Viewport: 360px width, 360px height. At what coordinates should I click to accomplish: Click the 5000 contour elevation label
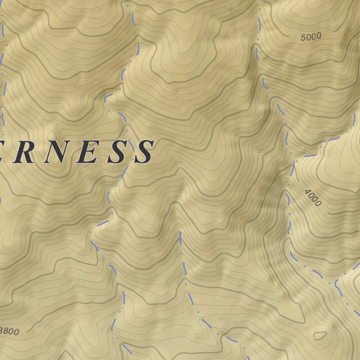tap(311, 37)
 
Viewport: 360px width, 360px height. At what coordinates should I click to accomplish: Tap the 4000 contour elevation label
tap(313, 197)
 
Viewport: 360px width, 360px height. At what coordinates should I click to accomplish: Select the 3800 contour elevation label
tap(9, 331)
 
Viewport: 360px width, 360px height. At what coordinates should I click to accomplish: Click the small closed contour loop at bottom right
tap(320, 335)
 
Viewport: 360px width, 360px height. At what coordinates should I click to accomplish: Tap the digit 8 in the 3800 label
tap(7, 331)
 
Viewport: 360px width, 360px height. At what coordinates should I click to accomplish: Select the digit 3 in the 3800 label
tap(3, 330)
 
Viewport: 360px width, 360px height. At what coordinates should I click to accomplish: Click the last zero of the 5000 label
tap(319, 36)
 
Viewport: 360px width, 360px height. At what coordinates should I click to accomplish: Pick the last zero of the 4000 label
tap(318, 203)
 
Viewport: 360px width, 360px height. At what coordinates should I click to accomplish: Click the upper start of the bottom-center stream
tap(180, 233)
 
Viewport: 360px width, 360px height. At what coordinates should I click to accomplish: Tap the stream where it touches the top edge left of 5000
tap(260, 1)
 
